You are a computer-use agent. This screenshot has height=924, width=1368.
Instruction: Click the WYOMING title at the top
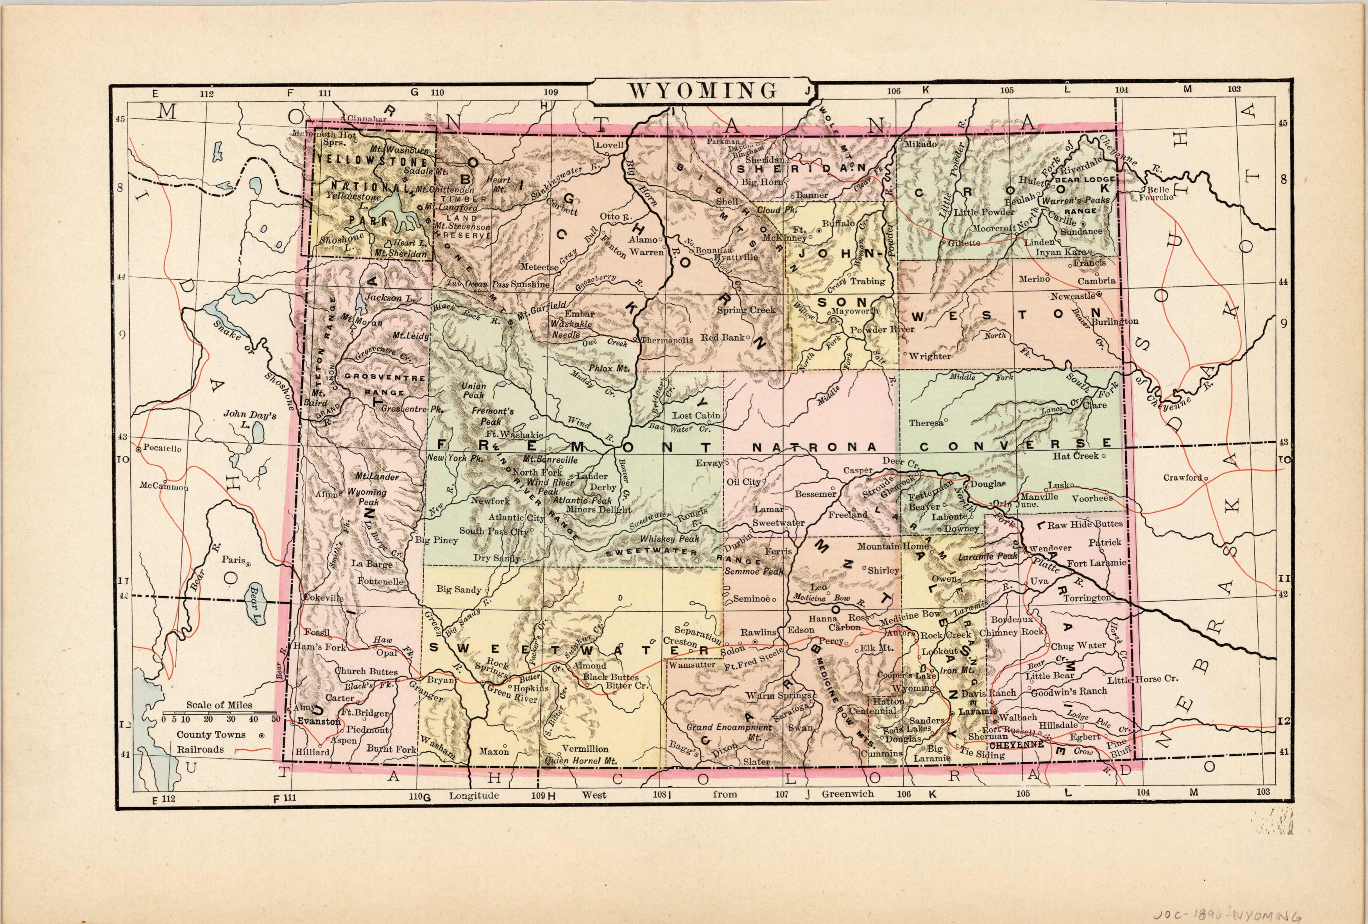point(702,91)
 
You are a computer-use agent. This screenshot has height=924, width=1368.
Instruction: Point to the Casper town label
point(858,470)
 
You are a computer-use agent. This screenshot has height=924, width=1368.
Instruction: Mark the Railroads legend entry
point(200,749)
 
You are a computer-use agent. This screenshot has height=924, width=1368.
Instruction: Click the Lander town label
point(592,475)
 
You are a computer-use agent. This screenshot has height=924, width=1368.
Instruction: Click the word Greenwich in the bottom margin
point(848,794)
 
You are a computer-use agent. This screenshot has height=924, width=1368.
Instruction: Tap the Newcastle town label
point(1073,296)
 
